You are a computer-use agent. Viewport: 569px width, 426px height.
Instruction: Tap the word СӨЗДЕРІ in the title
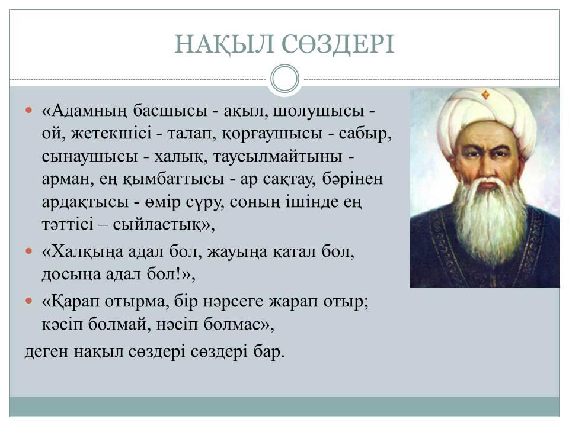click(338, 44)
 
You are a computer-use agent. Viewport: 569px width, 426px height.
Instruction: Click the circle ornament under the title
click(285, 79)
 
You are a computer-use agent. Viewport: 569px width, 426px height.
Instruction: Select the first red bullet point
click(29, 110)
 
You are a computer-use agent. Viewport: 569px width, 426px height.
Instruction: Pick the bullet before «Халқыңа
click(29, 251)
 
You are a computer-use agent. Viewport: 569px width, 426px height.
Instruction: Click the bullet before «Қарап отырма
click(29, 301)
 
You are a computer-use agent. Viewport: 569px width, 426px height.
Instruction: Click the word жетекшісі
click(111, 133)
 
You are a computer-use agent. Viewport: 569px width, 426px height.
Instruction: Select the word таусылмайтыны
click(277, 157)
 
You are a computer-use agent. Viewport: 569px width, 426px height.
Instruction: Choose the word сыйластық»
click(164, 225)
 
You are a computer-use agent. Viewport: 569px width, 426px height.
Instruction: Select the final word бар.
click(269, 351)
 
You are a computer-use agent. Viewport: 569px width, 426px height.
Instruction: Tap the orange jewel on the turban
click(485, 95)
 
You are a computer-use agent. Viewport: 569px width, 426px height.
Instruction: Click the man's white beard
click(490, 217)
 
